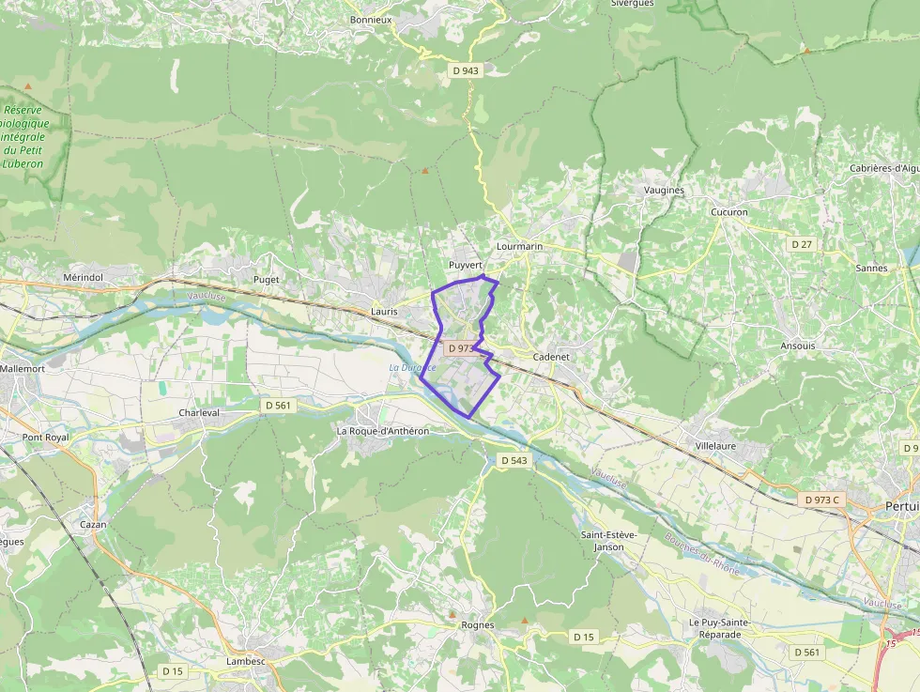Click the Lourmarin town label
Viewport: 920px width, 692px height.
point(519,246)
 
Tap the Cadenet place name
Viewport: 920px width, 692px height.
point(551,357)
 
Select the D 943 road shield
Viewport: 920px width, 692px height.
point(465,70)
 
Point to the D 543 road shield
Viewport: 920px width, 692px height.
point(514,460)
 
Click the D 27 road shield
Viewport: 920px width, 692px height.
point(801,244)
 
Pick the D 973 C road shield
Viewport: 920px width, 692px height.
point(821,500)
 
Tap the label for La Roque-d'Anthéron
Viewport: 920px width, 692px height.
point(382,431)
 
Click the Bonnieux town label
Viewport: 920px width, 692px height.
point(370,19)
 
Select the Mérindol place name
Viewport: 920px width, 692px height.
point(83,278)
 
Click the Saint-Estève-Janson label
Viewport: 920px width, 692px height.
point(608,541)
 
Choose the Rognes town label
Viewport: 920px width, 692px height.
point(478,625)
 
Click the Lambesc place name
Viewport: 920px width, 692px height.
point(246,661)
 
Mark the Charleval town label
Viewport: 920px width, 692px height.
point(199,412)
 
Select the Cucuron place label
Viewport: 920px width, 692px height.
point(729,212)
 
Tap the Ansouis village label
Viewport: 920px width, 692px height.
point(798,346)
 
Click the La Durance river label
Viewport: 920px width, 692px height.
point(412,367)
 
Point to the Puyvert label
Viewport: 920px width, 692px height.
point(466,265)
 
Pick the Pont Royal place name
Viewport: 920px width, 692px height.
point(46,438)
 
